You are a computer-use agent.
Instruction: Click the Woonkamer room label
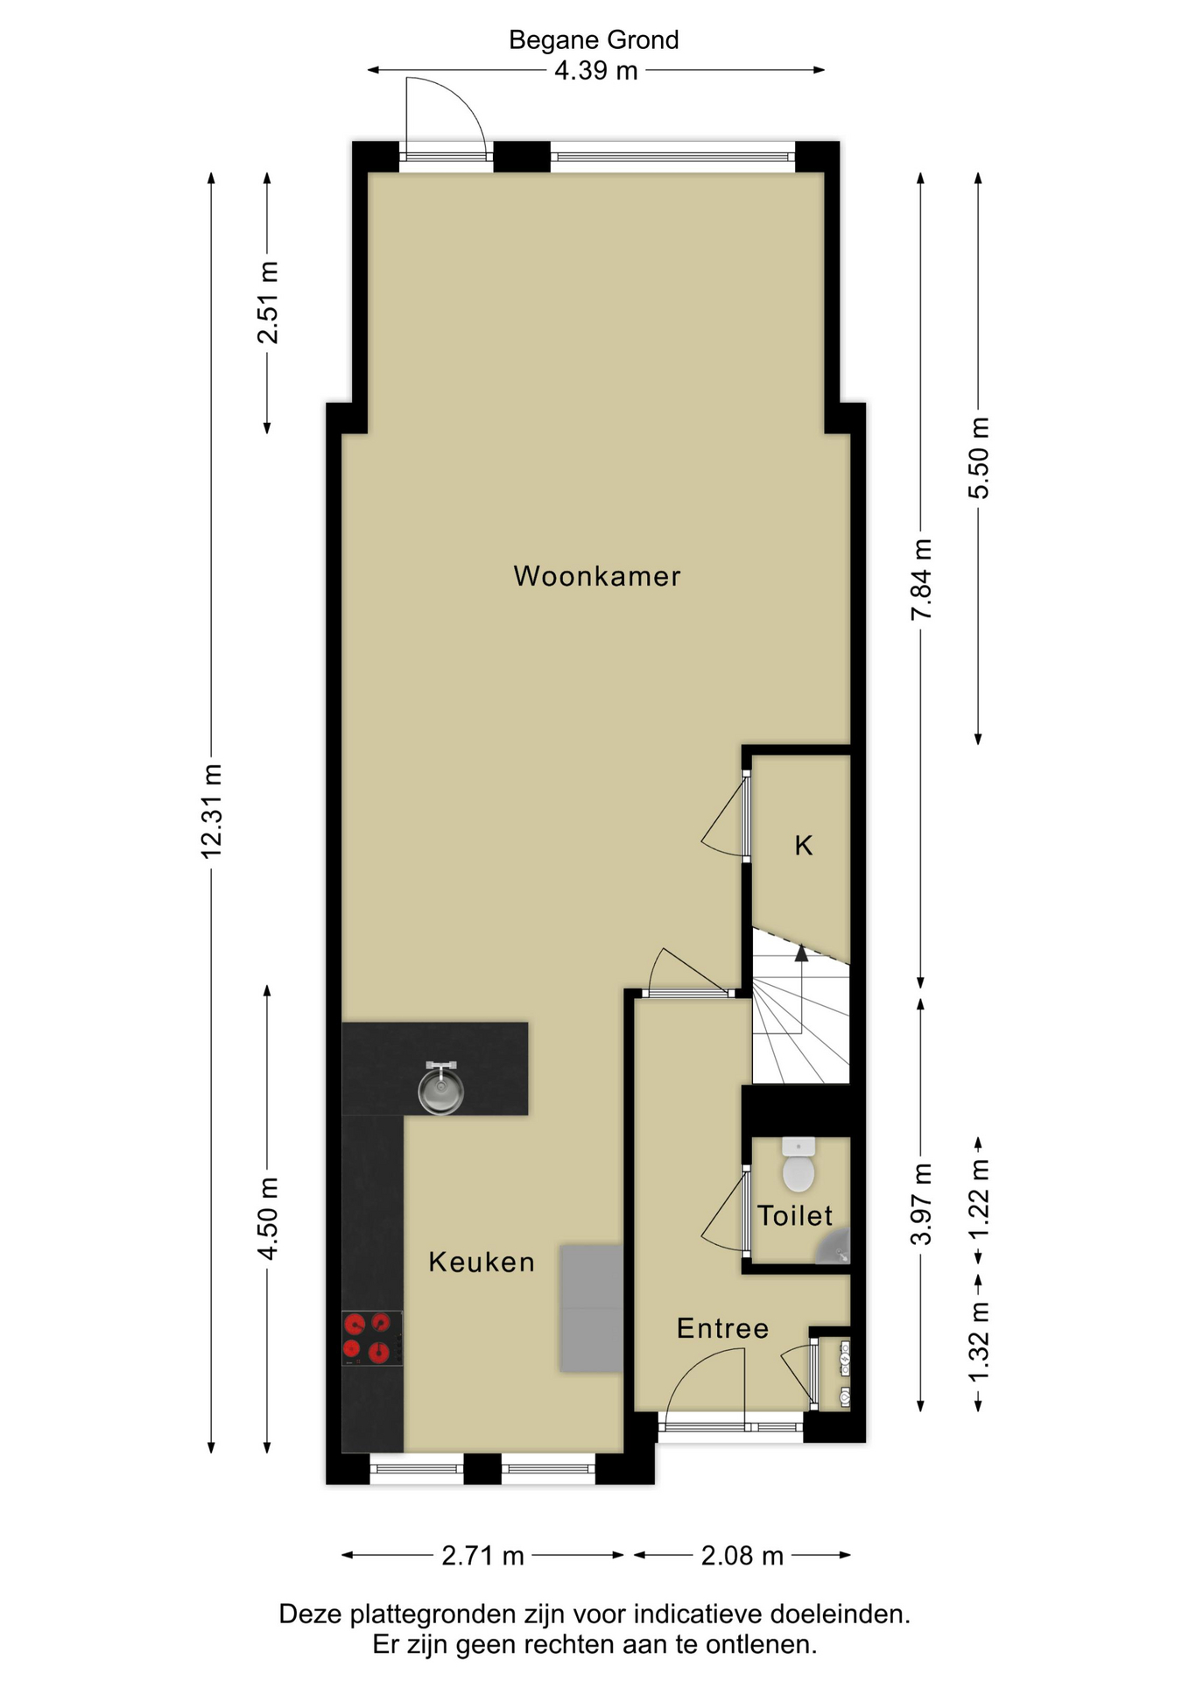tap(597, 576)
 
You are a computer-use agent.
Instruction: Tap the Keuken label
tap(482, 1262)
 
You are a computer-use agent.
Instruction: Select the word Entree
tap(723, 1328)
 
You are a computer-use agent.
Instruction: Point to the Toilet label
tap(795, 1215)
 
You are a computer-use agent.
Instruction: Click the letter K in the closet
tap(804, 845)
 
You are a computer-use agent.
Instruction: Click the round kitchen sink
tap(440, 1089)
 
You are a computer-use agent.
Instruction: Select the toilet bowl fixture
tap(799, 1165)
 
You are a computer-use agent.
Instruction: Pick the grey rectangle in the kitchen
tap(592, 1308)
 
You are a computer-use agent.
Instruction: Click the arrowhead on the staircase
tap(801, 953)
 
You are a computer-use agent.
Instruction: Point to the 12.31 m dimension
tap(212, 811)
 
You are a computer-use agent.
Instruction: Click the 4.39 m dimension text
tap(596, 70)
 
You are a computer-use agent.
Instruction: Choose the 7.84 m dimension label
tap(921, 580)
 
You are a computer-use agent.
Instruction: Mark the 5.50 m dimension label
tap(979, 458)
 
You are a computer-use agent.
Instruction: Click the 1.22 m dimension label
tap(979, 1199)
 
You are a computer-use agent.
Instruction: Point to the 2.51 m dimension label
tap(267, 303)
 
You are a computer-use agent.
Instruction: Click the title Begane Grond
tap(594, 40)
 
